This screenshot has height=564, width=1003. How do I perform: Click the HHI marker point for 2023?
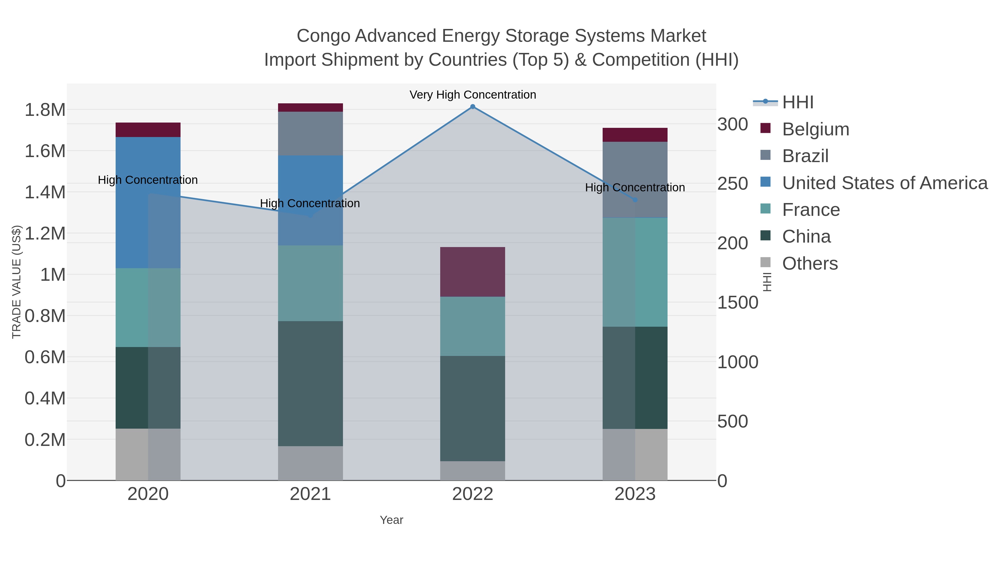(x=635, y=200)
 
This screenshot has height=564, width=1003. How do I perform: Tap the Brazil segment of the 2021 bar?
(x=310, y=133)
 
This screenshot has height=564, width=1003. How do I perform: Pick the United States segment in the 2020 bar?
(x=148, y=202)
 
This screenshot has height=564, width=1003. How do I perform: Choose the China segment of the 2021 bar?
(x=310, y=384)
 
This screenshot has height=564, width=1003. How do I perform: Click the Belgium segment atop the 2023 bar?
(x=635, y=135)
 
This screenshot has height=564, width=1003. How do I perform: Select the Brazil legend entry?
(x=805, y=156)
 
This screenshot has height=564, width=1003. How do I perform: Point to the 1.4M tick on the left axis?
(x=45, y=192)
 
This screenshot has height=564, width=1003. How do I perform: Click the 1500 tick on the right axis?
(x=738, y=303)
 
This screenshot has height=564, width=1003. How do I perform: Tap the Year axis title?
(x=391, y=520)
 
